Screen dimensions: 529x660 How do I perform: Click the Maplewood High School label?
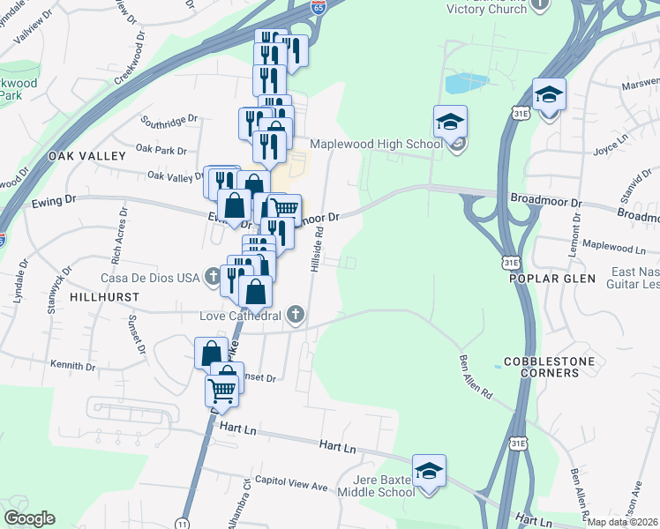[376, 144]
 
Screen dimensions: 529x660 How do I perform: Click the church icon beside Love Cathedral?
[296, 315]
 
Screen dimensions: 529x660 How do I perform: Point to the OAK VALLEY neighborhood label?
[87, 155]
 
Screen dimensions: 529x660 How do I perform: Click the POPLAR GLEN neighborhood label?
[552, 279]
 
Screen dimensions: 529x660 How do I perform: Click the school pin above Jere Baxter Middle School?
[429, 471]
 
